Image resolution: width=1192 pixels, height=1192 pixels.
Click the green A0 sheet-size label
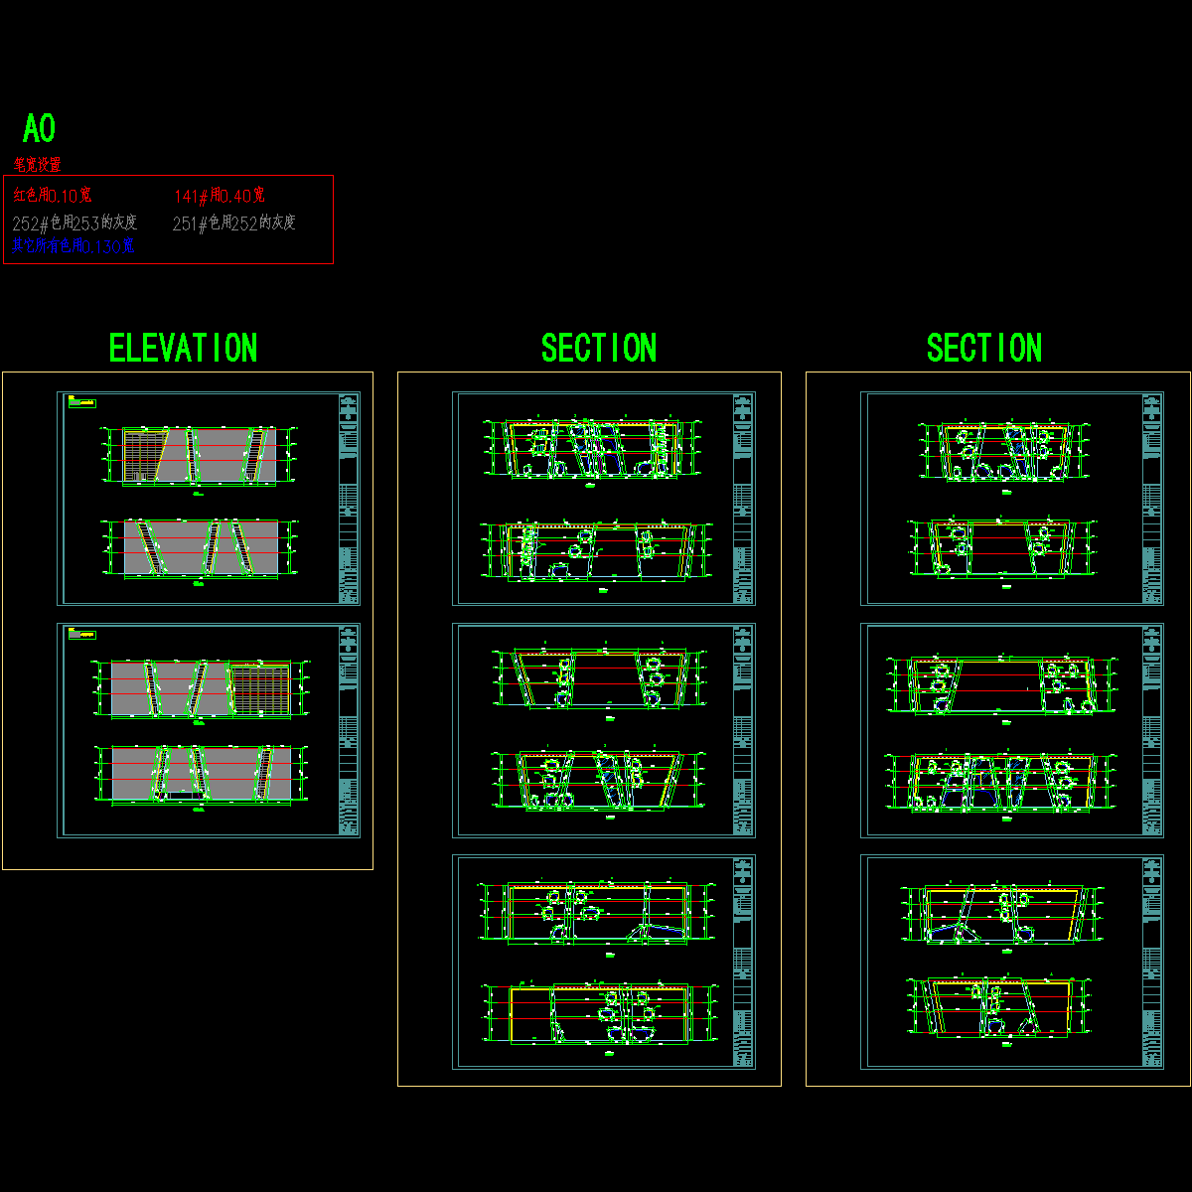click(x=39, y=129)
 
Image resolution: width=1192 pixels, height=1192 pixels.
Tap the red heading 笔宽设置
click(x=38, y=165)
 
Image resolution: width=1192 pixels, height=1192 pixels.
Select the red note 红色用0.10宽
click(x=53, y=196)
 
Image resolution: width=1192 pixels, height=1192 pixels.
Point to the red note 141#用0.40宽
click(x=220, y=196)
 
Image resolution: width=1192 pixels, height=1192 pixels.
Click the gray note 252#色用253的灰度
click(x=74, y=223)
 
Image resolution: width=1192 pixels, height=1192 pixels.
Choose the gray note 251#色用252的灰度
click(x=234, y=223)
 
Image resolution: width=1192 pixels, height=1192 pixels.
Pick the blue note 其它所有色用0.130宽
click(x=73, y=246)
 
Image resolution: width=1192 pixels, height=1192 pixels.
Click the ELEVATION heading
click(x=183, y=349)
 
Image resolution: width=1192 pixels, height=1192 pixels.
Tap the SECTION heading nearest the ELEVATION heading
click(x=598, y=349)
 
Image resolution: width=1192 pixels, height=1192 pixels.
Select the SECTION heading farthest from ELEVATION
click(x=983, y=349)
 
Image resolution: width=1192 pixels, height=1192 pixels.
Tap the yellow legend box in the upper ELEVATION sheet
click(x=82, y=402)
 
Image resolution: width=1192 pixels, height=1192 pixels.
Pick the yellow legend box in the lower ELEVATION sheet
click(x=81, y=634)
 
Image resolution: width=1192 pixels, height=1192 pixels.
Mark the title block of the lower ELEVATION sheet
click(x=349, y=730)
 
